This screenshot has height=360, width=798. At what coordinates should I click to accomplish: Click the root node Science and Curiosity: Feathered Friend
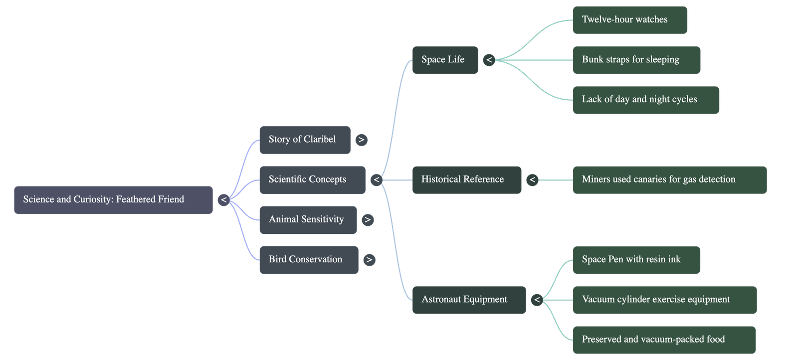[x=113, y=200]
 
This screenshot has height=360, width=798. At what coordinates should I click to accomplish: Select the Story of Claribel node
[x=305, y=140]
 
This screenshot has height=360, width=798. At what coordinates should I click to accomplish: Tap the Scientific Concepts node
[x=312, y=180]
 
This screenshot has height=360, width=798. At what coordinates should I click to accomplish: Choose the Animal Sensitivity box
[x=308, y=219]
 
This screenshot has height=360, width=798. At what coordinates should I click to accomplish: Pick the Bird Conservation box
[x=308, y=259]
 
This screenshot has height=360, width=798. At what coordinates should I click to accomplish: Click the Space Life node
[x=445, y=60]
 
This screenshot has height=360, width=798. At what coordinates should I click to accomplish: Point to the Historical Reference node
[x=466, y=180]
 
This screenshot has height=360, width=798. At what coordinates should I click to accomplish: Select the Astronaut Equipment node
[x=468, y=300]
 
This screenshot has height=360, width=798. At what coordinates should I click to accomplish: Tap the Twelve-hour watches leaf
[x=629, y=20]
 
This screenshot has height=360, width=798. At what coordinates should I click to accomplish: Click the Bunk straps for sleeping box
[x=636, y=60]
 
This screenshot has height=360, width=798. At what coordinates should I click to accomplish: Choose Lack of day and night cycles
[x=646, y=100]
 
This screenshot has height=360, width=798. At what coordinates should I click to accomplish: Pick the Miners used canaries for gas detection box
[x=669, y=180]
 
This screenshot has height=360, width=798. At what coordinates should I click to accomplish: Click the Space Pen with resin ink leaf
[x=636, y=260]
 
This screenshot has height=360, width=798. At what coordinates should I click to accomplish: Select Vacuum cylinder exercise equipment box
[x=664, y=300]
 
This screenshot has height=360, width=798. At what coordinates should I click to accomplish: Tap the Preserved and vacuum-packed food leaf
[x=664, y=340]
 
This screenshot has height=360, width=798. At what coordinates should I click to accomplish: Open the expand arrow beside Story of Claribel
[x=362, y=140]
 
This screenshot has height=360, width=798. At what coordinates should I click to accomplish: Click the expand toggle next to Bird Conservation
[x=369, y=259]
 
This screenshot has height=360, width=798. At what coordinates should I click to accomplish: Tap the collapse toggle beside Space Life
[x=489, y=60]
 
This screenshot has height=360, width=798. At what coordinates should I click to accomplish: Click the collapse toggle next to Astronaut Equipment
[x=537, y=300]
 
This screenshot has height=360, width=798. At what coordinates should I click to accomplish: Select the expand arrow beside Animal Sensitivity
[x=368, y=219]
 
